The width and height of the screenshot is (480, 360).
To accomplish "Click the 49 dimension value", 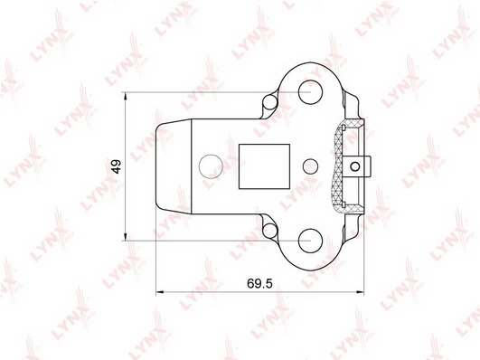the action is coord(117,166).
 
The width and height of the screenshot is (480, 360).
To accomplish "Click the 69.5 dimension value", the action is coord(259,284).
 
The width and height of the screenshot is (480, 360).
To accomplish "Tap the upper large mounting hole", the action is coord(310,92).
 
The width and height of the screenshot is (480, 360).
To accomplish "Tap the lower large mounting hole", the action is coord(310,241).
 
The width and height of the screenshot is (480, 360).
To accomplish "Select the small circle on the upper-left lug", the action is coord(270,102).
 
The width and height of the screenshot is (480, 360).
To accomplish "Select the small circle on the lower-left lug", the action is coord(270,231).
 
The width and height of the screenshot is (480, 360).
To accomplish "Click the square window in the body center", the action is coord(264,166).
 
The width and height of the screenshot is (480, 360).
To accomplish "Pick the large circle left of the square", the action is coord(211,166).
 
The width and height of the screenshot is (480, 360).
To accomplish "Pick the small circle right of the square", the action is coord(310,166).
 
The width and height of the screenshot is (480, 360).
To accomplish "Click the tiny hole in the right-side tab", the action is coord(354,166).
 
